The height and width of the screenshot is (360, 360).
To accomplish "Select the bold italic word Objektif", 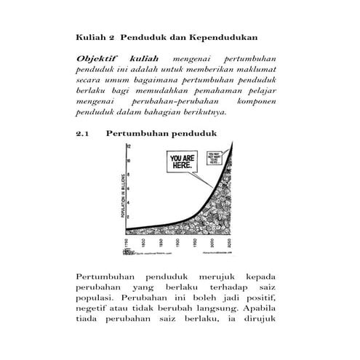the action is tap(97, 57).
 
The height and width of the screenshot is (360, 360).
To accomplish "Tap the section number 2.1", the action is tap(84, 134).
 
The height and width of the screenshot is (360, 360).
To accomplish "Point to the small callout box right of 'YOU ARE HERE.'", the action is tap(216, 156).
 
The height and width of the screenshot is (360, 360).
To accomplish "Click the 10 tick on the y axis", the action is tap(128, 161).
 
